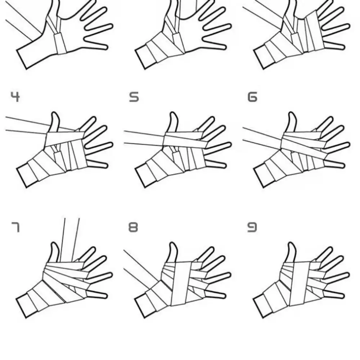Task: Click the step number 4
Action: pyautogui.click(x=15, y=97)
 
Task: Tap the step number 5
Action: pyautogui.click(x=134, y=97)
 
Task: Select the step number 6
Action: pyautogui.click(x=253, y=97)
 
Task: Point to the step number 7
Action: pyautogui.click(x=15, y=227)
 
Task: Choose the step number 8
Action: pyautogui.click(x=133, y=227)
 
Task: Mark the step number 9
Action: pyautogui.click(x=252, y=227)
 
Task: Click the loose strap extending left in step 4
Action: pyautogui.click(x=25, y=124)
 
